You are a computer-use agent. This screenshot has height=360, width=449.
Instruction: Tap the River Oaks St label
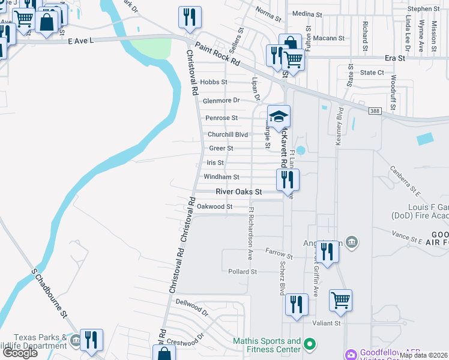(x=240, y=192)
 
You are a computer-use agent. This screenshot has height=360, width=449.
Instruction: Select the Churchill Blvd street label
(x=227, y=134)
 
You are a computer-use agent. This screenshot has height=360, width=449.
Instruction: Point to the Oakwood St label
(x=215, y=206)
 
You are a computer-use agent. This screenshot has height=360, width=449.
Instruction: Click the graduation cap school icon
(x=279, y=115)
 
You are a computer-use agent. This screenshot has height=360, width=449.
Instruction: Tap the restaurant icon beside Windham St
(x=288, y=178)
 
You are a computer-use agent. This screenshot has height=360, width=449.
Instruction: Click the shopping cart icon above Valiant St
(x=340, y=299)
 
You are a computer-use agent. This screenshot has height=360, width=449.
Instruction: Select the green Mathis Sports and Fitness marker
(x=310, y=344)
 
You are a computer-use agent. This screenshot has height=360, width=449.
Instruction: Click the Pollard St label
(x=243, y=272)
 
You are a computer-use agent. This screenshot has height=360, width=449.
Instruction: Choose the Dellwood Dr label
(x=191, y=308)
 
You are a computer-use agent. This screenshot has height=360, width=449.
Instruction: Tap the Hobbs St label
(x=214, y=82)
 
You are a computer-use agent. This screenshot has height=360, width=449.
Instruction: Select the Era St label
(x=395, y=58)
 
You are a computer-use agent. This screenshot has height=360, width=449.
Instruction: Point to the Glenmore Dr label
(x=221, y=101)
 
